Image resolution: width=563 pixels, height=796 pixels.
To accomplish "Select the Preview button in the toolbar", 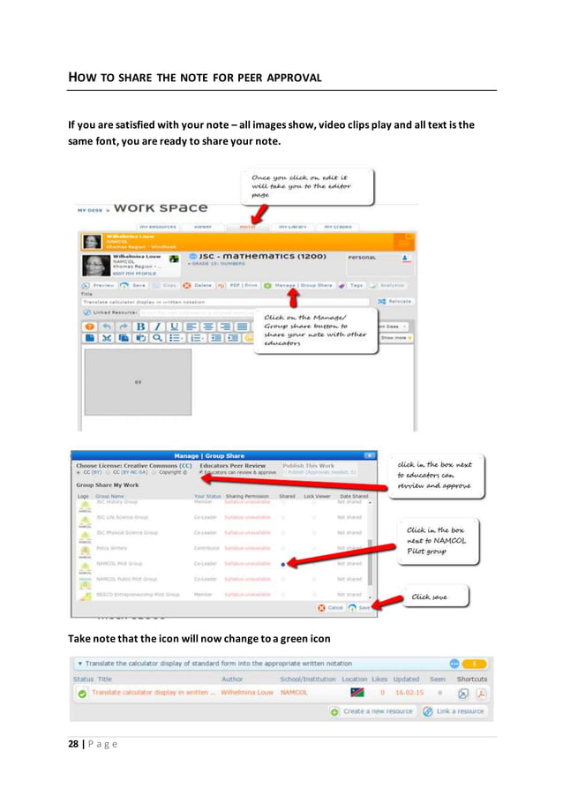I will click(98, 286).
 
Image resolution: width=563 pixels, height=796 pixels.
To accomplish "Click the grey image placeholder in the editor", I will click(137, 382).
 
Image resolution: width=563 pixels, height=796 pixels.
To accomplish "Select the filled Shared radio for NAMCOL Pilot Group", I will click(281, 563).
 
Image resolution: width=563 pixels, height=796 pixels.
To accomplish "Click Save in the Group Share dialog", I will click(359, 607).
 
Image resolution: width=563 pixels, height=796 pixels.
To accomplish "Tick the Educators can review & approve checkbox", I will click(202, 472).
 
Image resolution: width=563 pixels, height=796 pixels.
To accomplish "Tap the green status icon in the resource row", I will click(81, 694).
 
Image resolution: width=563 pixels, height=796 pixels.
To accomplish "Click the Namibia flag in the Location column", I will click(357, 694).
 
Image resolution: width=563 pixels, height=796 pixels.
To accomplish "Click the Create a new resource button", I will click(371, 711).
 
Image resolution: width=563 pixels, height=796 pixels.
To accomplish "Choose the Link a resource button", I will click(454, 711).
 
